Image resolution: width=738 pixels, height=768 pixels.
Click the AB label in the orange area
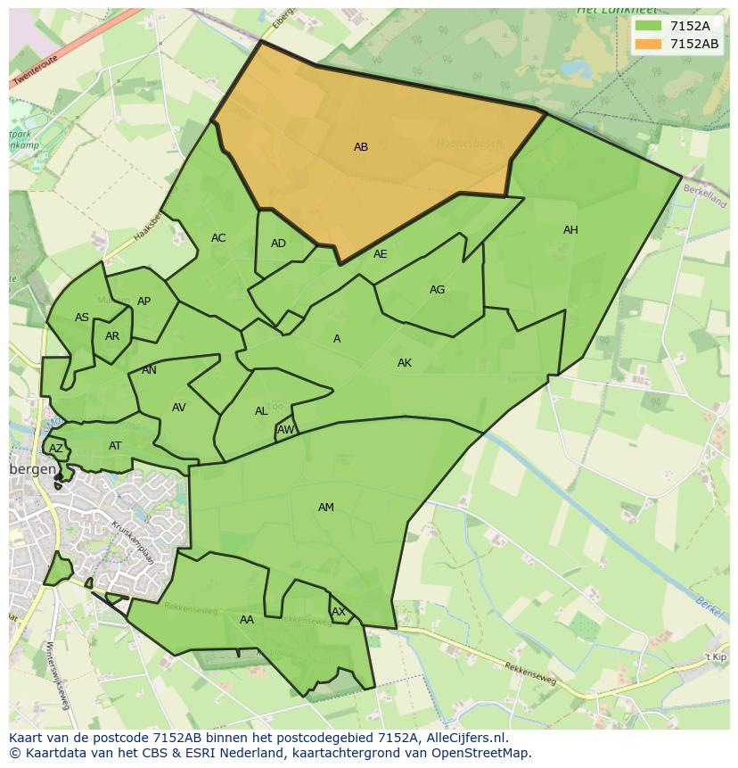361,147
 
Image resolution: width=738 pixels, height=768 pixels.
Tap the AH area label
570,230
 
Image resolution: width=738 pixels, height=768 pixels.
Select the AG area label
437,290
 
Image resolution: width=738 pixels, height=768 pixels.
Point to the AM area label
326,508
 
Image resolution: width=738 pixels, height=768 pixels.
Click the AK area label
405,363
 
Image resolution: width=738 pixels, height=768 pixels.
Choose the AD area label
278,244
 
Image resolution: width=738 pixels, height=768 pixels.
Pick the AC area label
218,238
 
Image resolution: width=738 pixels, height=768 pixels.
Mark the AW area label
285,430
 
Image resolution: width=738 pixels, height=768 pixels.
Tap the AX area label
339,612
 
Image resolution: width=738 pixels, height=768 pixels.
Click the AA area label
247,620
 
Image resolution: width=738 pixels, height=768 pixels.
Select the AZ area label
56,449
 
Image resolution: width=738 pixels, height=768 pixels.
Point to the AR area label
112,336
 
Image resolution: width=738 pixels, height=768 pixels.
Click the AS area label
82,318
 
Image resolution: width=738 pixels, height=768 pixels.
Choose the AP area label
143,301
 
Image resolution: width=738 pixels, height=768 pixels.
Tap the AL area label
261,411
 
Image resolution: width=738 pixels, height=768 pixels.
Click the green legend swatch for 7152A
648,26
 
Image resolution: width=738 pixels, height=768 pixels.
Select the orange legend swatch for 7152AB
648,44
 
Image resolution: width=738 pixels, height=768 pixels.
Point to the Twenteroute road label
35,71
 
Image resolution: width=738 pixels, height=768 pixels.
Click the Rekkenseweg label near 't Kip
530,675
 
